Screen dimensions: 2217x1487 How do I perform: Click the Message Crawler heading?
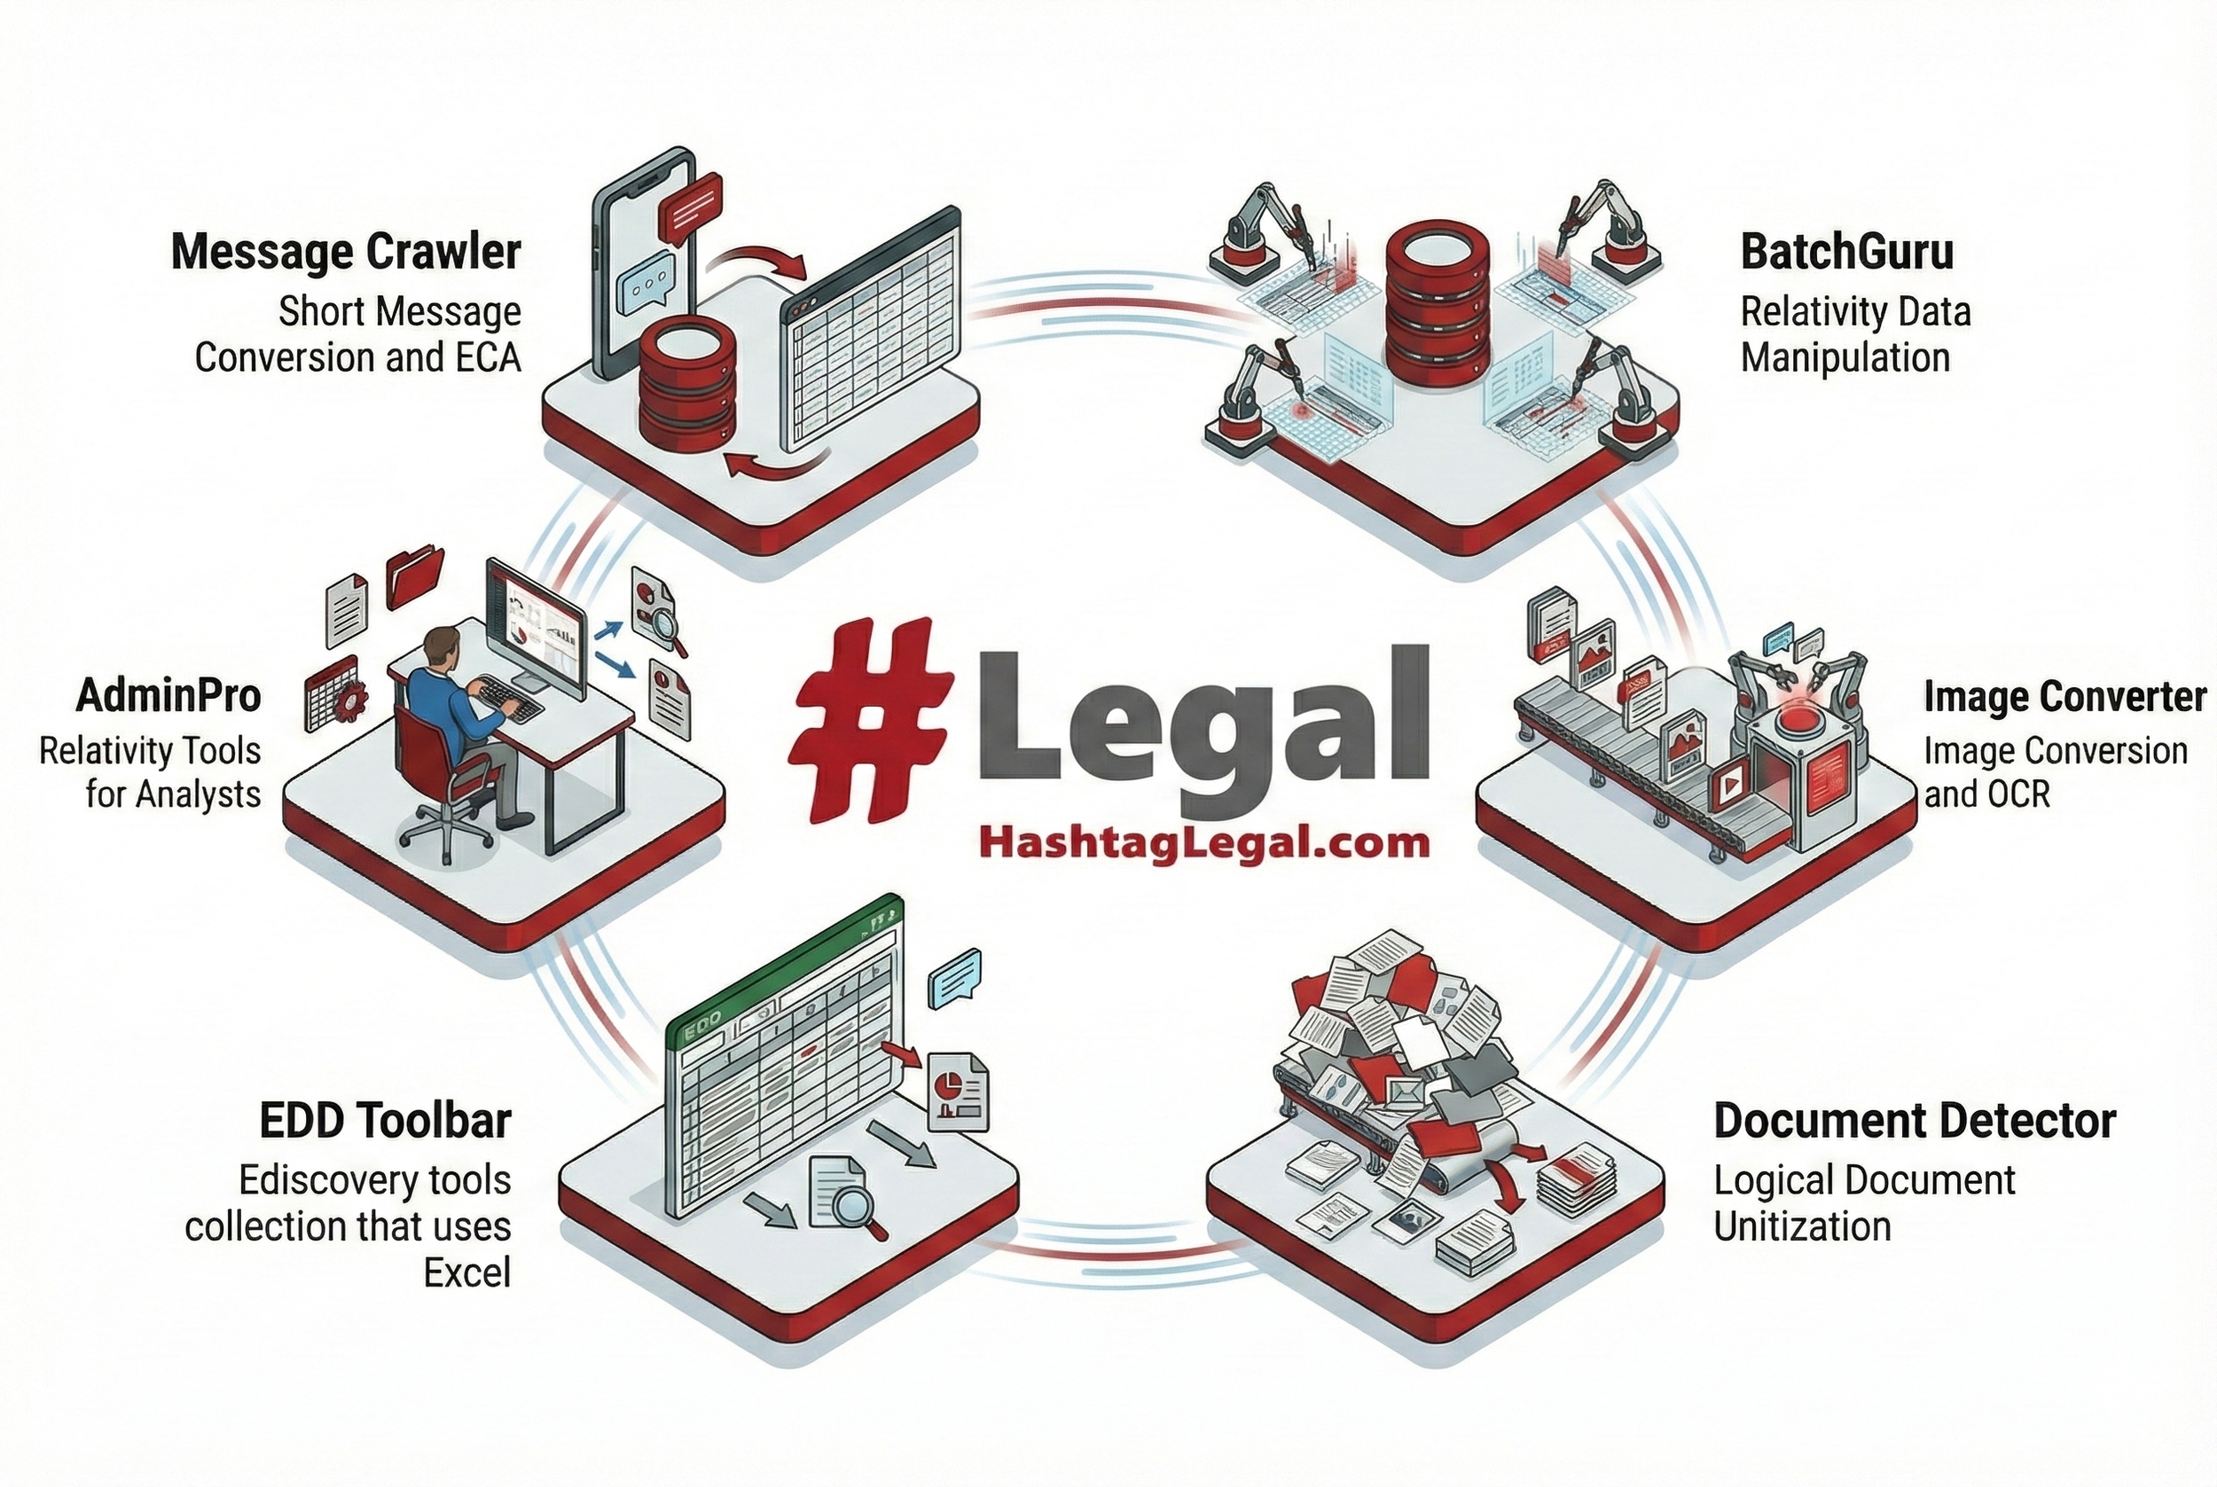(x=346, y=252)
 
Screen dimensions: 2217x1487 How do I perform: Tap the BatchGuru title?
(x=1846, y=252)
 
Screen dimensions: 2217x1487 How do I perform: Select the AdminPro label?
(x=168, y=696)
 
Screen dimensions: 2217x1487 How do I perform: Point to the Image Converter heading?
(x=2064, y=697)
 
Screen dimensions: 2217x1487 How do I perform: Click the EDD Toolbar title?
(x=385, y=1121)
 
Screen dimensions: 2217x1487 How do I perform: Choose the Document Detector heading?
(x=1915, y=1121)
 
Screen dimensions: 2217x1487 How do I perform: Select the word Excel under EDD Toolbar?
(x=466, y=1272)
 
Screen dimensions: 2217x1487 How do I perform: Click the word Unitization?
(x=1802, y=1227)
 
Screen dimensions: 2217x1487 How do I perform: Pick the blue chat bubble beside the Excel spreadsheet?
(x=956, y=979)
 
